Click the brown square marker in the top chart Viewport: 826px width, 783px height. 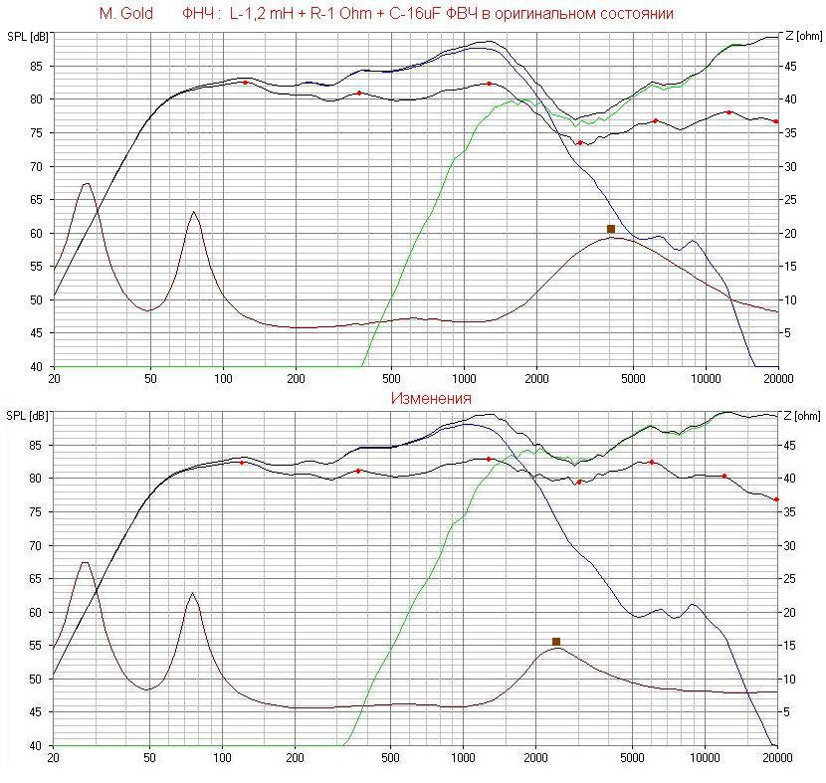click(611, 229)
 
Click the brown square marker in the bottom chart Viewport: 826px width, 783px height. click(556, 642)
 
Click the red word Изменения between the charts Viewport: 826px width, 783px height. click(431, 398)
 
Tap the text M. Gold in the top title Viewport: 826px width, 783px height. click(126, 14)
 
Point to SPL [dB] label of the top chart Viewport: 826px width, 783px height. click(27, 37)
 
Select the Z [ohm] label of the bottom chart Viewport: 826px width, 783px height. click(803, 416)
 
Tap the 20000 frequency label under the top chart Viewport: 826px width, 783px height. click(777, 379)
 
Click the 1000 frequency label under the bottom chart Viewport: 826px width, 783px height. click(464, 758)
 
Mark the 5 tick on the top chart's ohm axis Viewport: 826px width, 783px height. click(785, 333)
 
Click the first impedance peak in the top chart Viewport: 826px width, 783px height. click(87, 183)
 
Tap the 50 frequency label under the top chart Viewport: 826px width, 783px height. click(150, 379)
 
